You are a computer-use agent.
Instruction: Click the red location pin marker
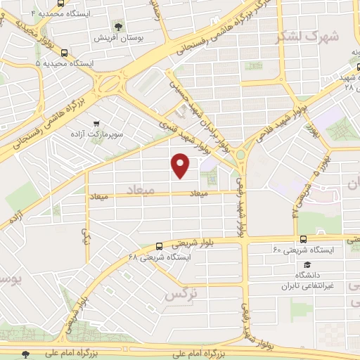[x=181, y=165]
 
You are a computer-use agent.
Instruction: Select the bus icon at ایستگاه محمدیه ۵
[x=65, y=53]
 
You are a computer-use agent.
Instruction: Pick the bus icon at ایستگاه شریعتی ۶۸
[x=160, y=246]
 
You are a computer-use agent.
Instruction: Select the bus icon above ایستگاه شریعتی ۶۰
[x=303, y=239]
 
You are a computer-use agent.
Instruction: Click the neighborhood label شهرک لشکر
[x=310, y=37]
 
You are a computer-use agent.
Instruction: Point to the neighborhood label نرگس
[x=179, y=295]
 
